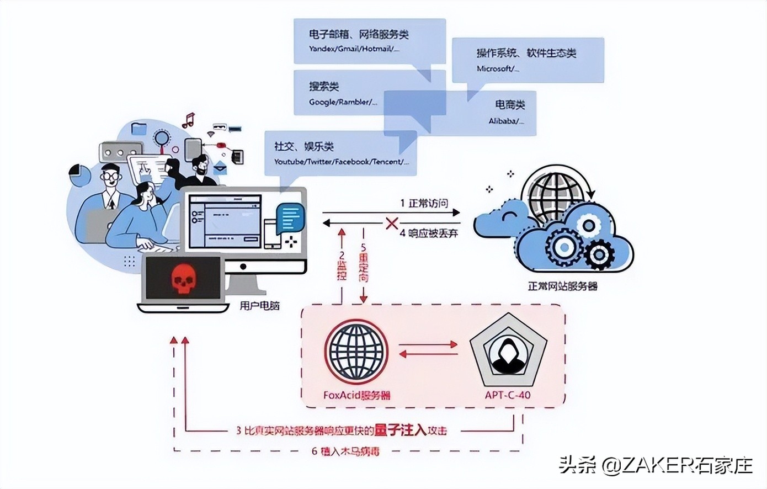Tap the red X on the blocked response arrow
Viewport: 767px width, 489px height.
pyautogui.click(x=392, y=224)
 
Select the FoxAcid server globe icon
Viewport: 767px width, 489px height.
pyautogui.click(x=356, y=352)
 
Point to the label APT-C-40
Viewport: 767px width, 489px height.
pyautogui.click(x=508, y=395)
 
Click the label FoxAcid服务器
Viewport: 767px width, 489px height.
pyautogui.click(x=357, y=395)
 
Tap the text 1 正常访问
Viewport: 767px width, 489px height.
pyautogui.click(x=424, y=203)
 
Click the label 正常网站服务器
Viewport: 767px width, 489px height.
pyautogui.click(x=562, y=286)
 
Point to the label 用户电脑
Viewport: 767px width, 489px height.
pyautogui.click(x=259, y=305)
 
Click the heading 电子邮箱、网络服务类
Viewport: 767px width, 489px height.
pyautogui.click(x=359, y=35)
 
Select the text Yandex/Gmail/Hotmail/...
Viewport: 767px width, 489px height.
pyautogui.click(x=354, y=49)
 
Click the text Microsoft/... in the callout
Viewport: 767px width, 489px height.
pyautogui.click(x=498, y=68)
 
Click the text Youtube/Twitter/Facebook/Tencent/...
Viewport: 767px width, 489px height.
pyautogui.click(x=342, y=162)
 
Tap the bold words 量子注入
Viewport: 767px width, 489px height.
pyautogui.click(x=400, y=429)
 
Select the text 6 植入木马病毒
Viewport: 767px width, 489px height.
pyautogui.click(x=346, y=451)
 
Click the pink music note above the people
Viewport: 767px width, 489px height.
pyautogui.click(x=189, y=120)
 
